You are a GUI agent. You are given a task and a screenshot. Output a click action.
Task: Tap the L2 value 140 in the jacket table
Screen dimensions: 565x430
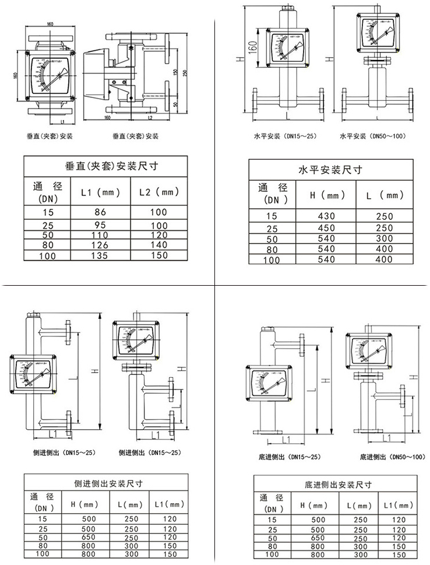[158, 245]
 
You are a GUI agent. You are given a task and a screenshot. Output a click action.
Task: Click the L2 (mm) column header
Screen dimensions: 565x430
[158, 192]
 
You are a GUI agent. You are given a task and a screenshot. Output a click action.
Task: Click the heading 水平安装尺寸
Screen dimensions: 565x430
[330, 170]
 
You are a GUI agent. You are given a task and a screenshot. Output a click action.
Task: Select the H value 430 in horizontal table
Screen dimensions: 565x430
[326, 216]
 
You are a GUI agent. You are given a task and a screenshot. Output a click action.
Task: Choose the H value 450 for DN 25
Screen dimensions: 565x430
[326, 228]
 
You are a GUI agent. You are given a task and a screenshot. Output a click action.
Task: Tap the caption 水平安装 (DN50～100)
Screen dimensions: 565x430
[373, 136]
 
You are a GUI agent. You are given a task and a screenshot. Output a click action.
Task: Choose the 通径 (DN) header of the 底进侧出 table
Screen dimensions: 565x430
[272, 503]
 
